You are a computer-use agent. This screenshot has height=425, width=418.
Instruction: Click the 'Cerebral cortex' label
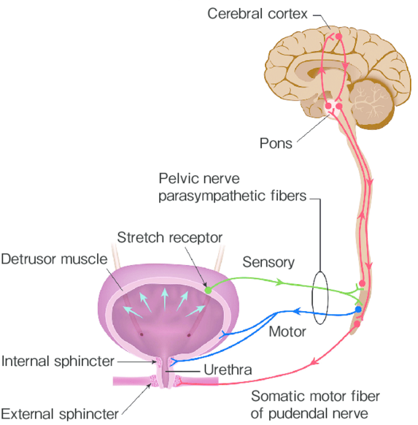point(258,14)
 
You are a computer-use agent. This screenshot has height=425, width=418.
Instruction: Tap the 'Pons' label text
point(276,143)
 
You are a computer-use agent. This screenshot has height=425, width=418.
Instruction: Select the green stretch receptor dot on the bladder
point(208,291)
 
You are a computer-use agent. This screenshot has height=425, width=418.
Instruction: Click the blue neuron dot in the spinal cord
point(358,310)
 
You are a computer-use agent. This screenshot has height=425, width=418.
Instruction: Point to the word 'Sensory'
point(268,262)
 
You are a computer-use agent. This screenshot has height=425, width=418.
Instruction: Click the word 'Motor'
point(287,332)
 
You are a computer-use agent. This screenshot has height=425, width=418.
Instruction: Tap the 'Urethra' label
point(228,370)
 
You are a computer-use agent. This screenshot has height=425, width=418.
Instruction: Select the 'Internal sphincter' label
point(58,361)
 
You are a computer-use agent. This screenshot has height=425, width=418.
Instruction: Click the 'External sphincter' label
point(60,414)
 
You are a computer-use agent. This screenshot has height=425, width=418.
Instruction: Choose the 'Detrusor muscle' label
point(54,259)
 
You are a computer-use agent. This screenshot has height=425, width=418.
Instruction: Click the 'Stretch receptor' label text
point(170,238)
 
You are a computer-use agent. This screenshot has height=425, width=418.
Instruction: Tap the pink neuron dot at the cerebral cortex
point(338,36)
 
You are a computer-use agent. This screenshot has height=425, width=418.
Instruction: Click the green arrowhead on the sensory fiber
point(279,282)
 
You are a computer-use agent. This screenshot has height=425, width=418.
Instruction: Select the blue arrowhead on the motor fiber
point(297,311)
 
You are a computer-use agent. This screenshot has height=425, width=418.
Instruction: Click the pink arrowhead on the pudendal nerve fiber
point(314,361)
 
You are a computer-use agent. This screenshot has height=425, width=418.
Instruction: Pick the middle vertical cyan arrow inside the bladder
point(164,299)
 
